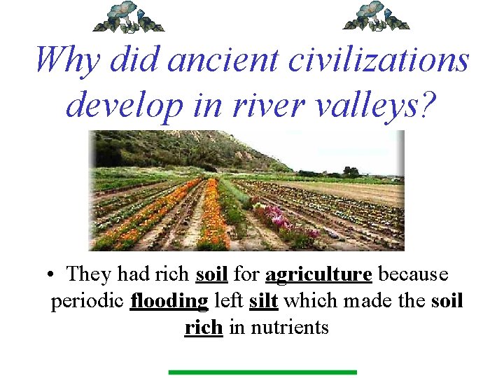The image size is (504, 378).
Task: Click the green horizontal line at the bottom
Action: (262, 372)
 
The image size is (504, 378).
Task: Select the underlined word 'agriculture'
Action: (318, 274)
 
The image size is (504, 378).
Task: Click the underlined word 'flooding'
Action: (169, 301)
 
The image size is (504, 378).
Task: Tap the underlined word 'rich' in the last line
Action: (204, 327)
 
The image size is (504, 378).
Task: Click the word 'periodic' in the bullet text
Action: (87, 302)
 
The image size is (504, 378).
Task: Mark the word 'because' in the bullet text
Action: (412, 274)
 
